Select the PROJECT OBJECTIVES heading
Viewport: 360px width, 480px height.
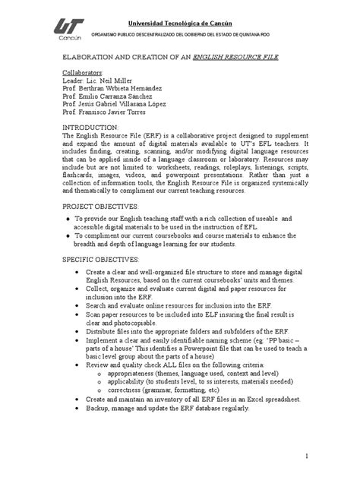click(x=100, y=205)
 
